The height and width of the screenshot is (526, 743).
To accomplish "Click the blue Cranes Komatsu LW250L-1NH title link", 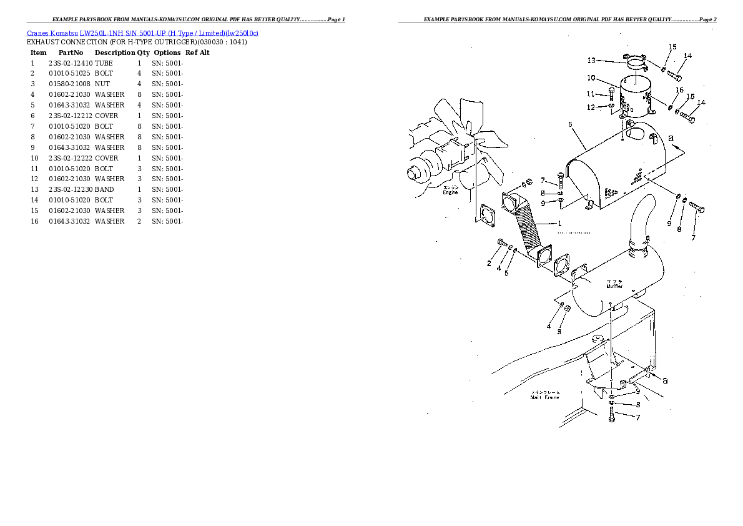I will point(142,32).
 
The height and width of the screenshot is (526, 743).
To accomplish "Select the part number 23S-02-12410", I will point(70,63).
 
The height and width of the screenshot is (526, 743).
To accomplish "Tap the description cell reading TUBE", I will point(104,63).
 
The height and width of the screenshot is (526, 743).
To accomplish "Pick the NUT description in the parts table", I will point(102,84).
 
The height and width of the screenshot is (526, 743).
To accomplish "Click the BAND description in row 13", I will point(104,189).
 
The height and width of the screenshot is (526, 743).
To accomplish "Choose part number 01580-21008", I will point(70,84).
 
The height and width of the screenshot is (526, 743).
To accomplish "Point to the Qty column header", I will point(144,52).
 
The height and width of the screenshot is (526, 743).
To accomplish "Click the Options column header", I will point(167,52).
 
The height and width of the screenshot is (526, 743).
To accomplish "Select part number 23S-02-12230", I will point(70,189).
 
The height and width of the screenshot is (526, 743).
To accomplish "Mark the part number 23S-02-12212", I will point(70,116).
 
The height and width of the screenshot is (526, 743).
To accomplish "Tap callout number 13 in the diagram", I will point(591,61).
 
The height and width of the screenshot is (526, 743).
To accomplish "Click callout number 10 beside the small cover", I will point(590,78).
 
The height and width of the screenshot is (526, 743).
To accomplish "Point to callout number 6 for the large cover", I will point(570,124).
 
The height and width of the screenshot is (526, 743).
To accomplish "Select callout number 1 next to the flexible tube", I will point(559,224).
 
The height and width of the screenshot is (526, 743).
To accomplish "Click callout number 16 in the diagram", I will point(679,91).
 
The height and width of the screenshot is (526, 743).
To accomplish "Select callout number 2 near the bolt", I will point(489,264).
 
